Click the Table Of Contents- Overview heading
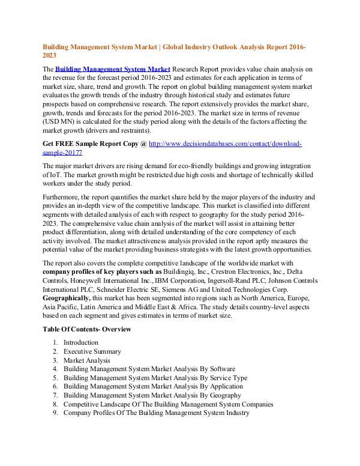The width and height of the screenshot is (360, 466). point(87,329)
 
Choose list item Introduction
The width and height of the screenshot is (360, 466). point(81,342)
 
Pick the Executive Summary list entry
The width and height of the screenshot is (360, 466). point(92,351)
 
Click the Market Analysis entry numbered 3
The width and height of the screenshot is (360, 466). point(87,360)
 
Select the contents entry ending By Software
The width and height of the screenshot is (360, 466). point(149,369)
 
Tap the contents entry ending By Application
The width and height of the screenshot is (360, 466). point(153,387)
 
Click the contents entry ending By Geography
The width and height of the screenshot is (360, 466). point(152,396)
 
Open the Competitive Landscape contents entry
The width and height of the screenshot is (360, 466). point(169,404)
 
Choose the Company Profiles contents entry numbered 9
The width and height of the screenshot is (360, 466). point(156,413)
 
